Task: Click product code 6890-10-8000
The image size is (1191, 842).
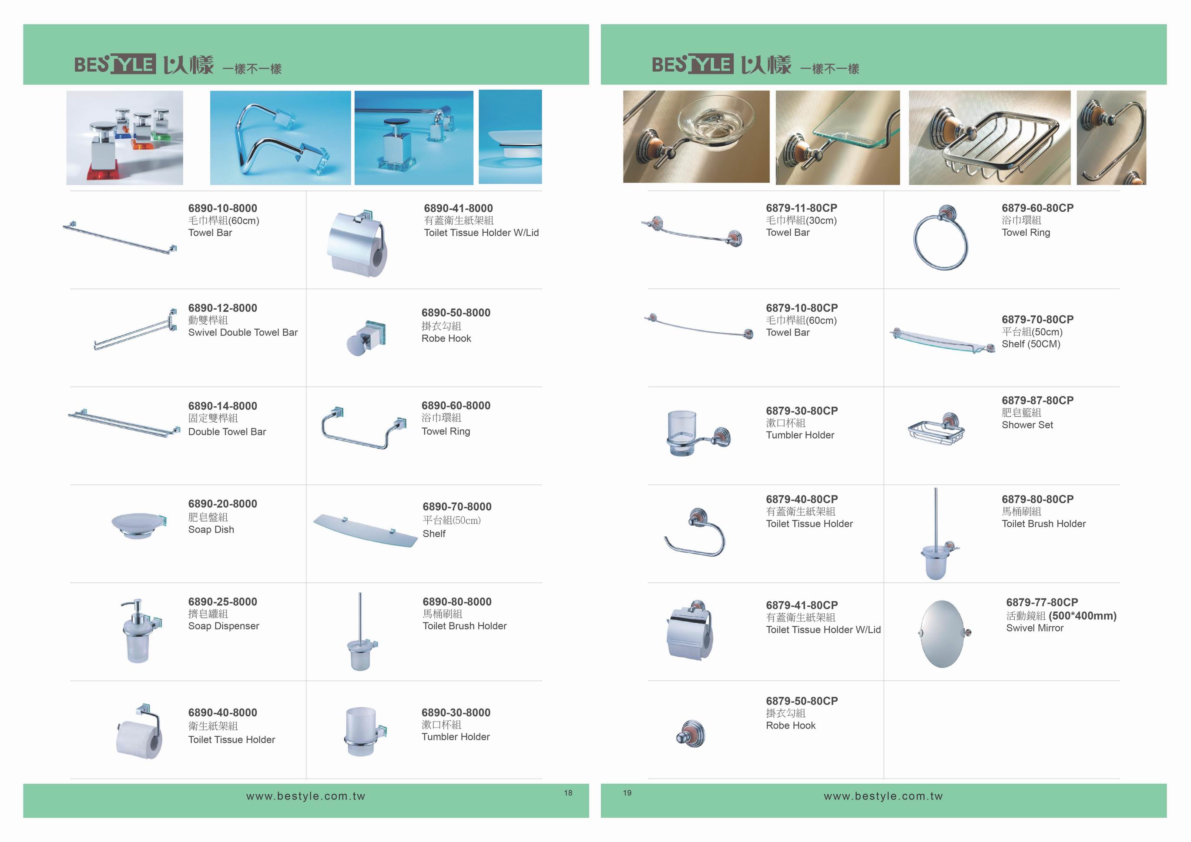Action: (x=222, y=208)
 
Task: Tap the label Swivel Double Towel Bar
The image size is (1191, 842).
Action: (x=243, y=332)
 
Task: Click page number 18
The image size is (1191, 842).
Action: (x=568, y=793)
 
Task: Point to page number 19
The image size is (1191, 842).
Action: (x=627, y=793)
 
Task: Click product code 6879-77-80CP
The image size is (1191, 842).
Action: (x=1042, y=602)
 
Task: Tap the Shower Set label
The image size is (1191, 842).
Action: (x=1027, y=424)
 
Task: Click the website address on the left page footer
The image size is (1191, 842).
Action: (x=305, y=796)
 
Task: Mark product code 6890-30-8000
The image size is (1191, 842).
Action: (x=456, y=712)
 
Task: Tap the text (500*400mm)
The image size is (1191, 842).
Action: (x=1083, y=616)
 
